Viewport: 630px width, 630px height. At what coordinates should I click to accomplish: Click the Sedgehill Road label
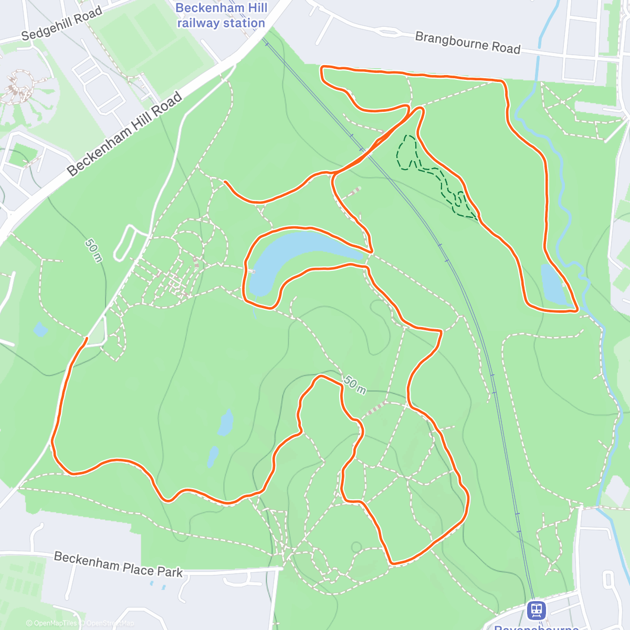coord(62,25)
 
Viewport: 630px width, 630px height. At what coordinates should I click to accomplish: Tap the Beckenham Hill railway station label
coord(221,16)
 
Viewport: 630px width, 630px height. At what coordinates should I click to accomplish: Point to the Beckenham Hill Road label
coord(125,134)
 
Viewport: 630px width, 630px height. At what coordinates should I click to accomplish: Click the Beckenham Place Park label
coord(118,564)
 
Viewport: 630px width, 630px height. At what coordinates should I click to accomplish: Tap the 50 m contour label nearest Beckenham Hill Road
coord(94,250)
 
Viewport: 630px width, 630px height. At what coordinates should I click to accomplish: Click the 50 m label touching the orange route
coord(355,385)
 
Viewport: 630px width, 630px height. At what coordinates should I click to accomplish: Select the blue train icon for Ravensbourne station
coord(536,610)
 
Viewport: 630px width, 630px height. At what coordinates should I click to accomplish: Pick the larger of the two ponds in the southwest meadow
coord(226,423)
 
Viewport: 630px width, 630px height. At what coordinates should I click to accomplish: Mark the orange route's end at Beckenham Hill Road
coord(86,339)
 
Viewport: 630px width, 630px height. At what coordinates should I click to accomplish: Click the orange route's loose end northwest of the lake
coord(225,182)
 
